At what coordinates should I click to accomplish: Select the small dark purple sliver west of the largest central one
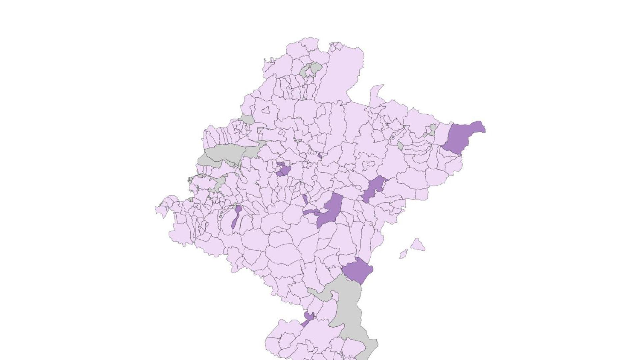coord(305,199)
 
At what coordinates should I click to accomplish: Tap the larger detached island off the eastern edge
coord(417,245)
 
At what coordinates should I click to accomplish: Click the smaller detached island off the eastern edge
coord(404,254)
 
